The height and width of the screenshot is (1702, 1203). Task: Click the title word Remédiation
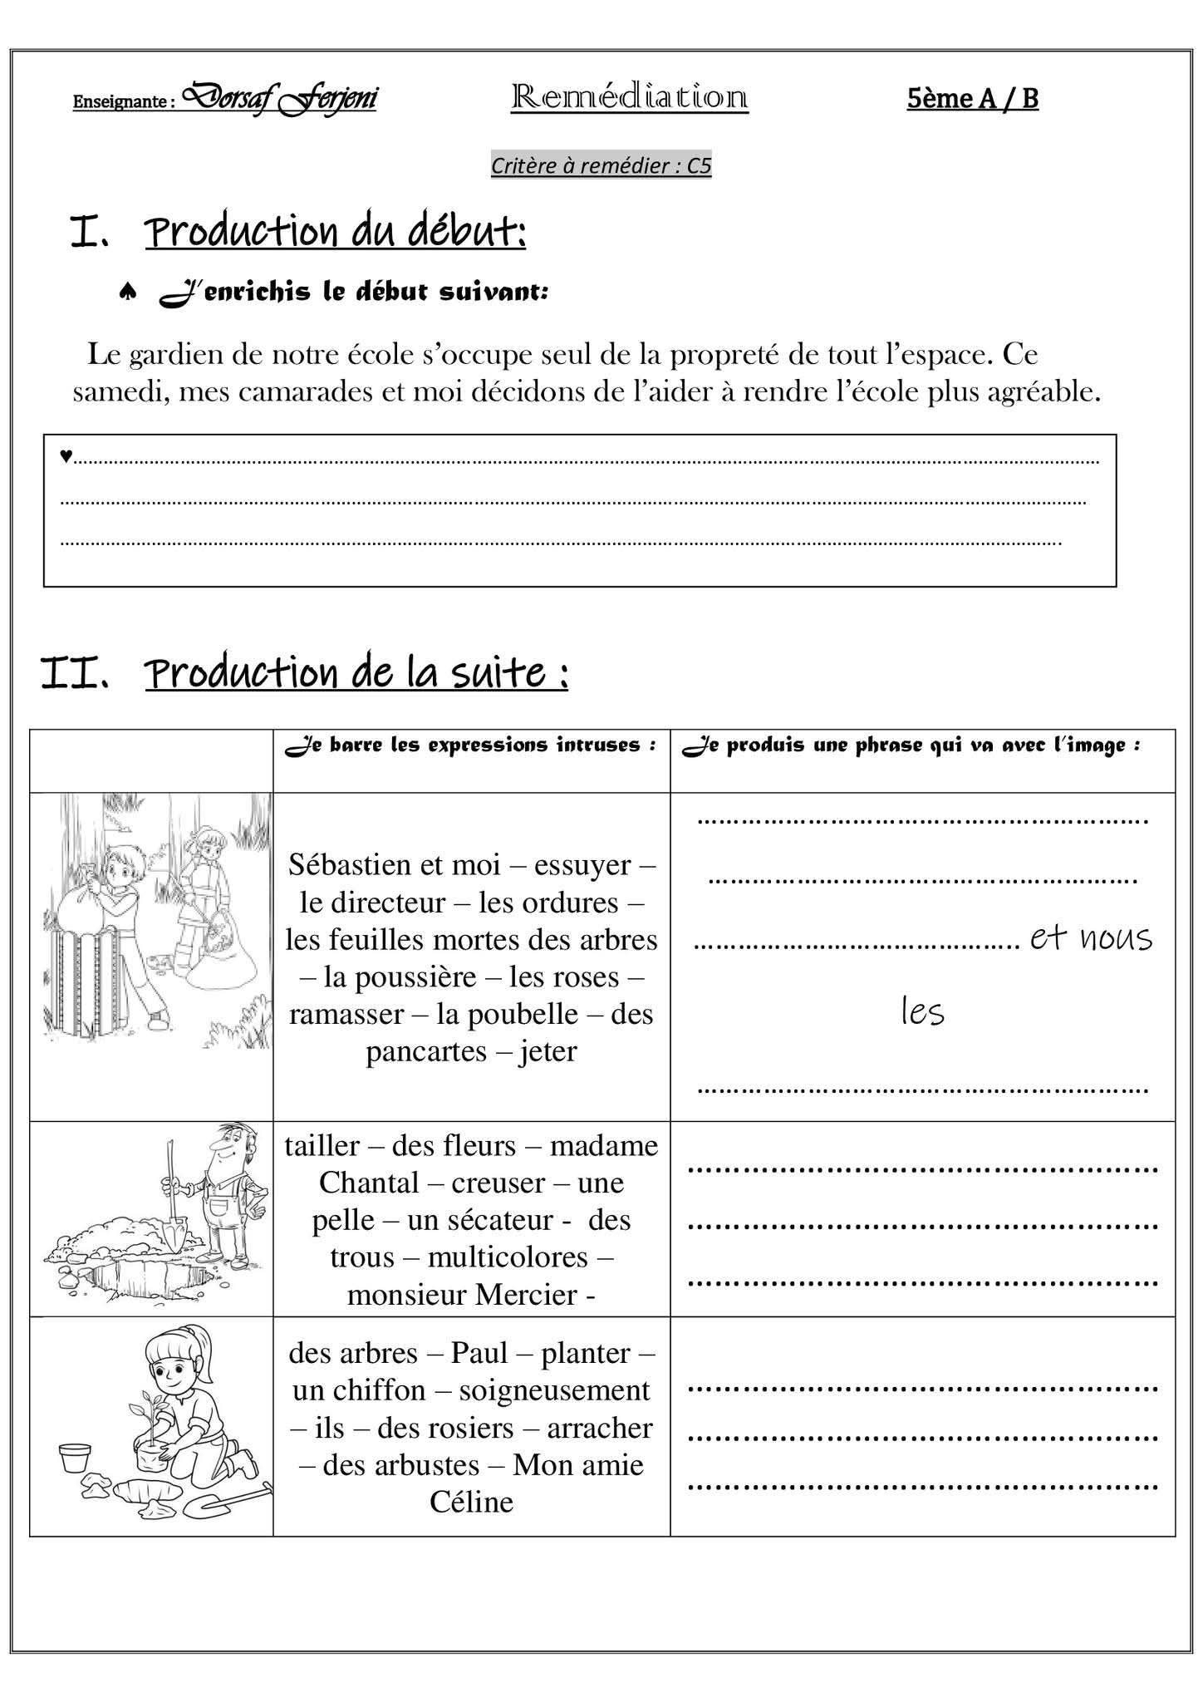(x=629, y=97)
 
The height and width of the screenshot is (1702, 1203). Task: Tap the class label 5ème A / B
(x=972, y=98)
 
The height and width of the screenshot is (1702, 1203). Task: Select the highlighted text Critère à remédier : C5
(x=601, y=166)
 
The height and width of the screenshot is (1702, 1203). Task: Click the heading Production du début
(x=336, y=232)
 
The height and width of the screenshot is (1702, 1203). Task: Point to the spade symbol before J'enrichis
(x=128, y=293)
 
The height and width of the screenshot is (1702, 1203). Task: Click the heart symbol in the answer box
(x=66, y=455)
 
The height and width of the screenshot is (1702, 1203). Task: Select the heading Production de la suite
(x=356, y=672)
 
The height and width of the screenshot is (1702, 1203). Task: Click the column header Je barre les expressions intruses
(x=471, y=745)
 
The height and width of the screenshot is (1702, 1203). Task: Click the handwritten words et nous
(x=1091, y=938)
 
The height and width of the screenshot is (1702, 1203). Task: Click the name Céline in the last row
(x=471, y=1502)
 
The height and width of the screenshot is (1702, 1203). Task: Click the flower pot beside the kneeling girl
(x=76, y=1458)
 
